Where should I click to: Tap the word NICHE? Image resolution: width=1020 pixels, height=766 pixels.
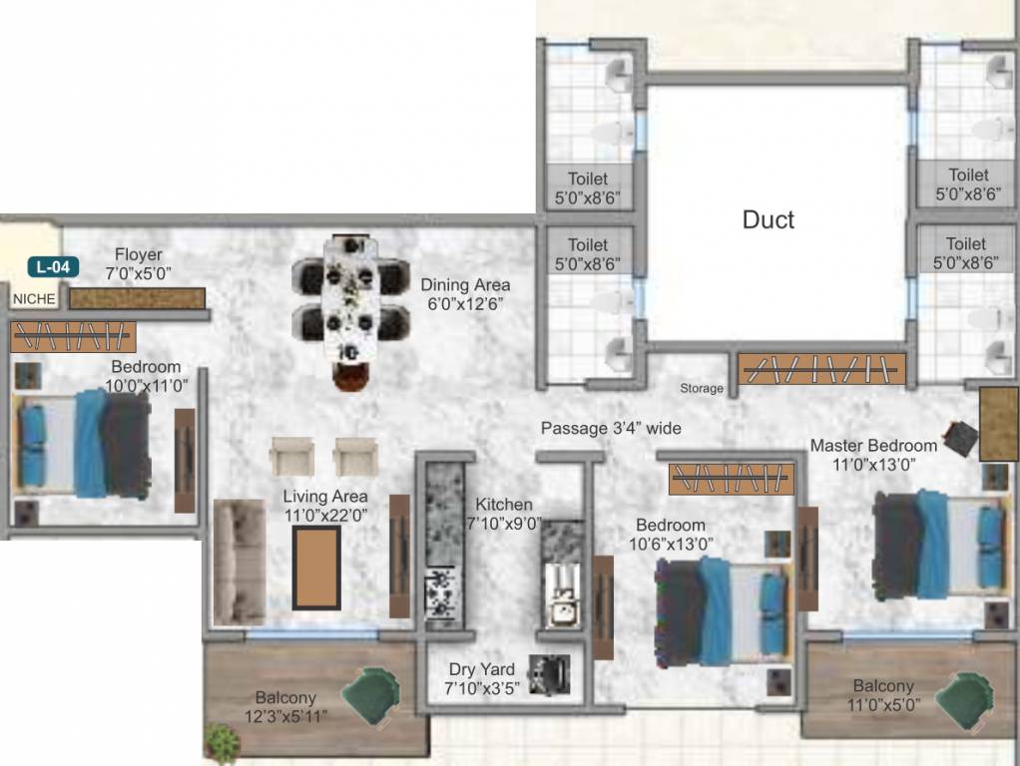coord(34,297)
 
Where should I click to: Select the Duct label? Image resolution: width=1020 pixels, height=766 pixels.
coord(768,219)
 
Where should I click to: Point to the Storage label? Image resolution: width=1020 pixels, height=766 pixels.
coord(702,388)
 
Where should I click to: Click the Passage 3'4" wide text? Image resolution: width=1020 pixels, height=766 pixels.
coord(611,428)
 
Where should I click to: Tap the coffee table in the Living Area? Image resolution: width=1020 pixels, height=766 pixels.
coord(315,568)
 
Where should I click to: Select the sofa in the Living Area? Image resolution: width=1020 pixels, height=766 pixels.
coord(240,562)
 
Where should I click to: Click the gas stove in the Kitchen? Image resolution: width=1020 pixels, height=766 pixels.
coord(439,594)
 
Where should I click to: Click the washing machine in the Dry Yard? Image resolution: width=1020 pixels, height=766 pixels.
coord(549,674)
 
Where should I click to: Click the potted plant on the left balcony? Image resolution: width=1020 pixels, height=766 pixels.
coord(223,743)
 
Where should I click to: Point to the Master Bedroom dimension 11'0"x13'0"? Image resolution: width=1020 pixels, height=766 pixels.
coord(873,464)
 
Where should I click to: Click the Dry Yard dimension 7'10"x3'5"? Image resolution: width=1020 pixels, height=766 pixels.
coord(482,688)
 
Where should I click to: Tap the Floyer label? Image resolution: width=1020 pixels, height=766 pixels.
coord(138,254)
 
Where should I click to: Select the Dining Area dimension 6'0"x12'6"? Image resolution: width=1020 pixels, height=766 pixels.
coord(465,304)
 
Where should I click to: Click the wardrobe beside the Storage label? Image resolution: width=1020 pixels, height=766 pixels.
coord(821,369)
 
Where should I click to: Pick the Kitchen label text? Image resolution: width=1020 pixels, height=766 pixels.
coord(503,505)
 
